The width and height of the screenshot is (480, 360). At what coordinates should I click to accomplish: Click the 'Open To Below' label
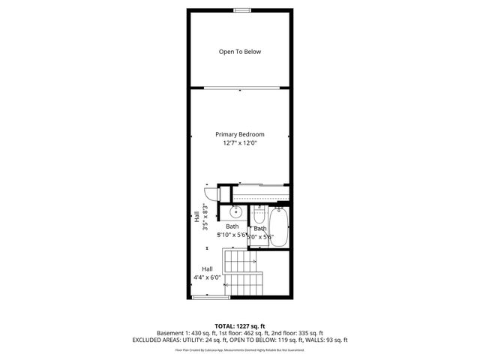click(x=240, y=52)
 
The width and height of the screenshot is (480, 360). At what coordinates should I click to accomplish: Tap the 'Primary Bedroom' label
click(x=240, y=134)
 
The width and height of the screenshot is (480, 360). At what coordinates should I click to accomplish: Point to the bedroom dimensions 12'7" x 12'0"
click(x=240, y=142)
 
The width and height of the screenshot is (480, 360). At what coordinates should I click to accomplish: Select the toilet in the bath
click(x=259, y=213)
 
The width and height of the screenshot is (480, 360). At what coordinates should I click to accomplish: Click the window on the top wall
click(x=241, y=10)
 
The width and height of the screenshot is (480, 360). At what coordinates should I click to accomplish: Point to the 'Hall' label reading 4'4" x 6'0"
click(x=207, y=269)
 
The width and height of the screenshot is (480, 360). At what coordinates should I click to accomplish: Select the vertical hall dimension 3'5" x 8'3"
click(x=200, y=217)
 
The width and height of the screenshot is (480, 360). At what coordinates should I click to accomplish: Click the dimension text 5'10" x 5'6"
click(x=232, y=235)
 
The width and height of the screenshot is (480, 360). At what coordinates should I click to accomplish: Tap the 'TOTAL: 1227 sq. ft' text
click(x=240, y=325)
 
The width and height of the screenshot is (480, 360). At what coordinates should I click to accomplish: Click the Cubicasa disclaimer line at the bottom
click(x=240, y=349)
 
